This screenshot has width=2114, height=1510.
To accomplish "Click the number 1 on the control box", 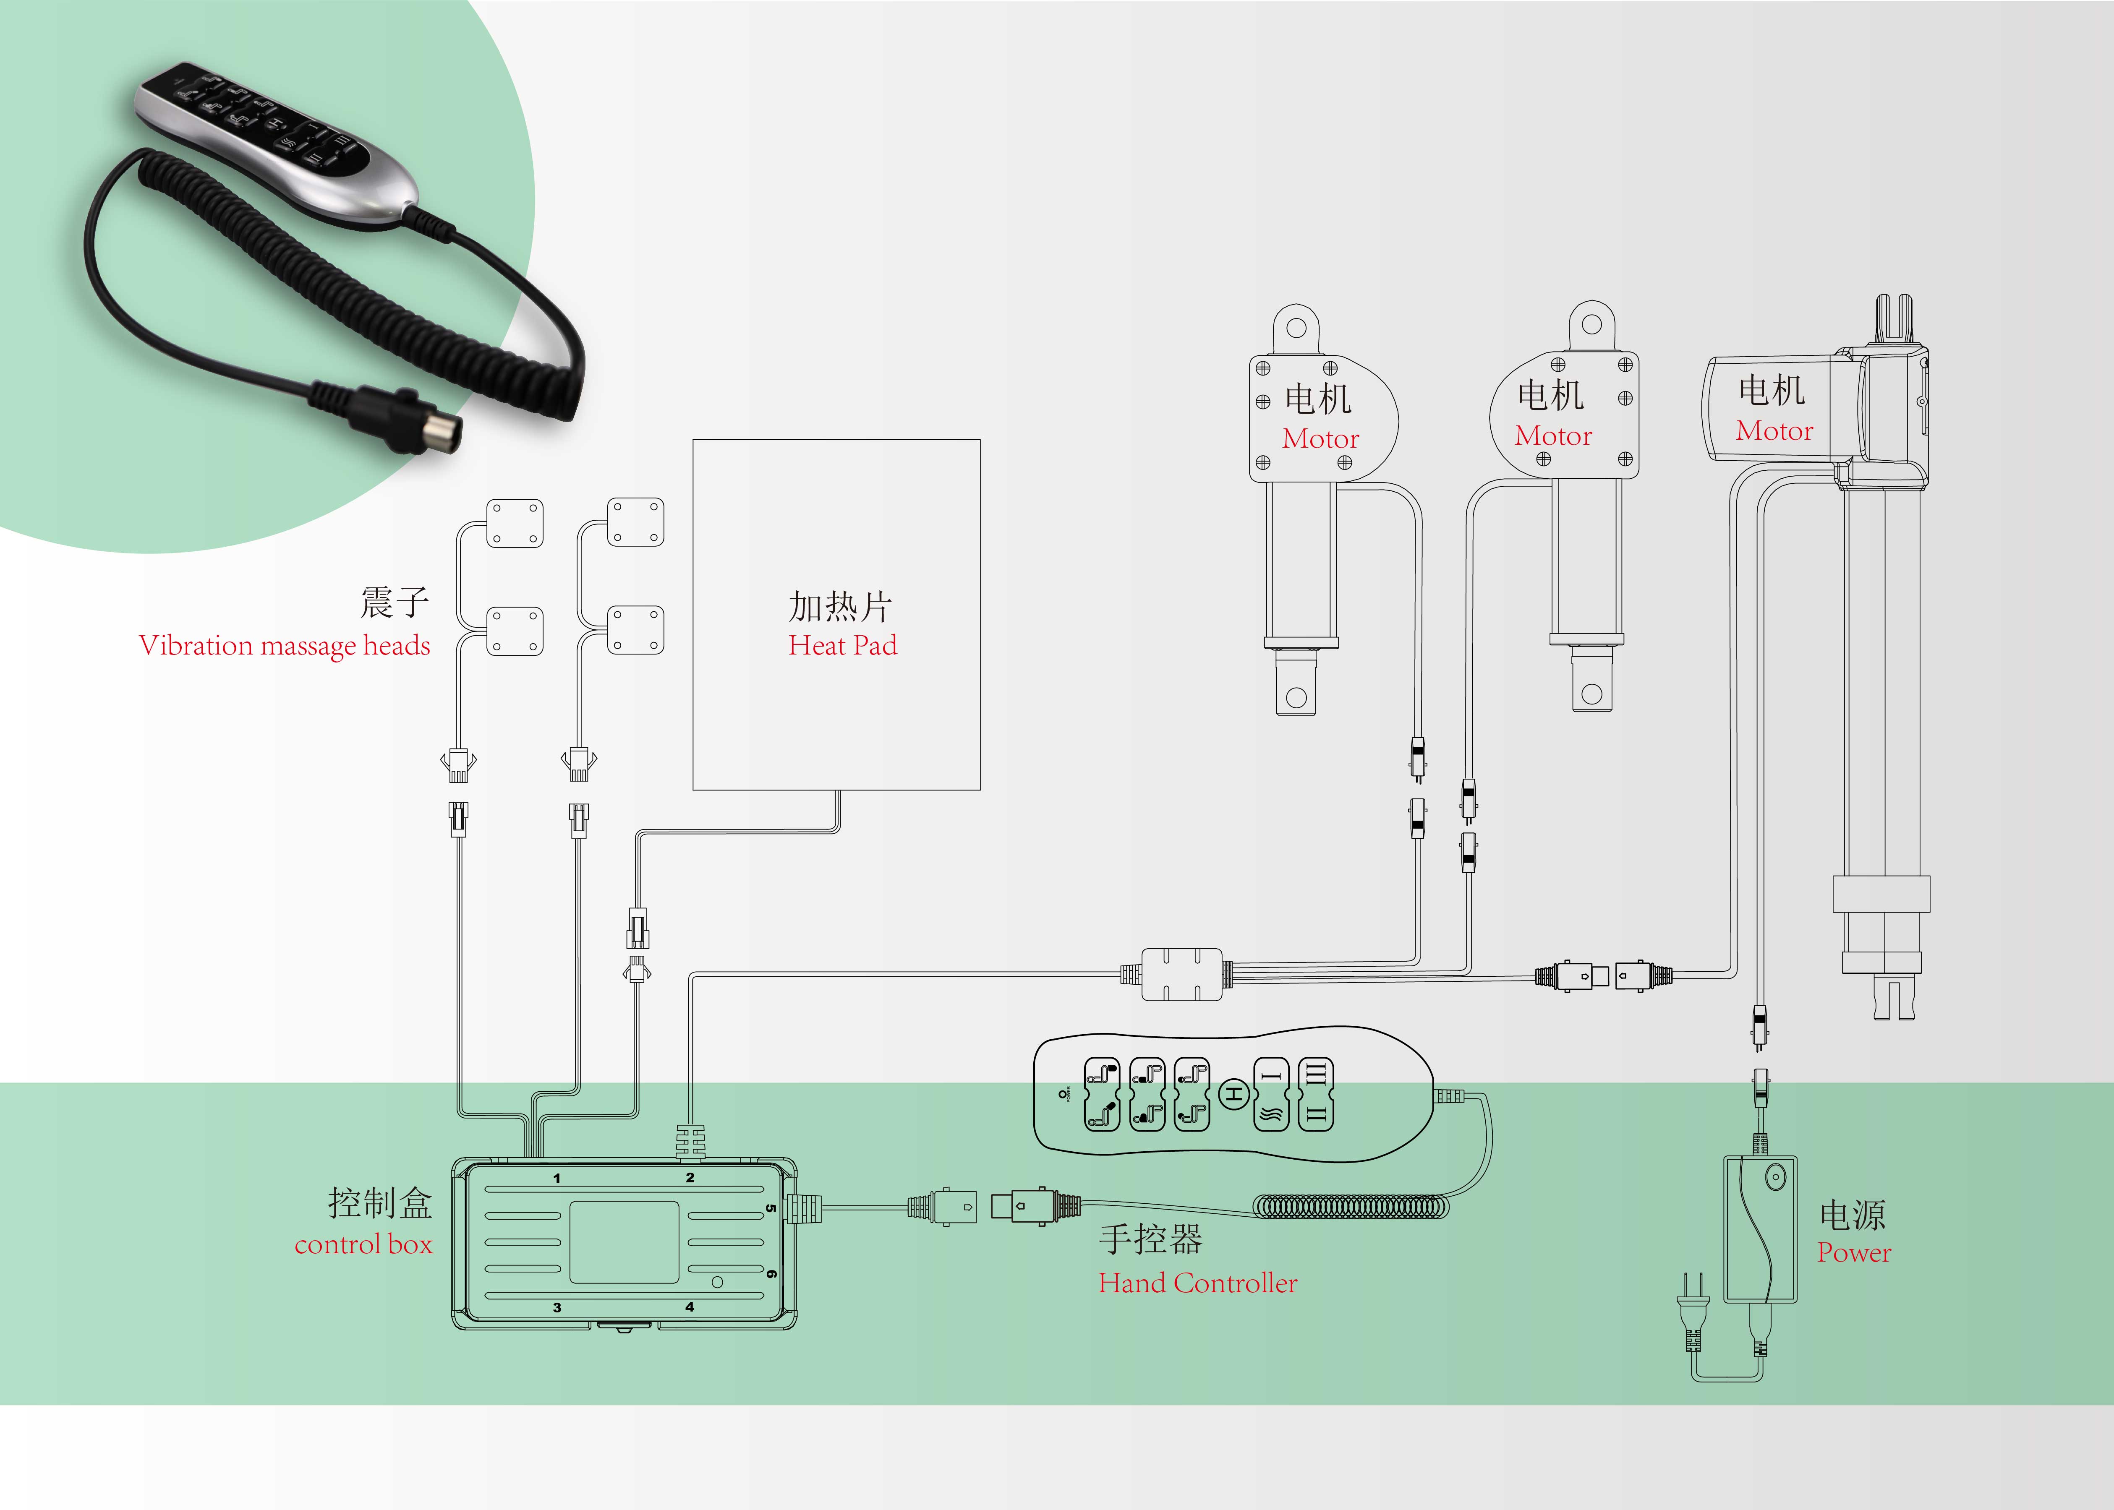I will coord(557,1178).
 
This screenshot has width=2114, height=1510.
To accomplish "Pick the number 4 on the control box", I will coord(689,1307).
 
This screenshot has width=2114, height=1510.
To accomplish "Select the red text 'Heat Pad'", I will coord(843,645).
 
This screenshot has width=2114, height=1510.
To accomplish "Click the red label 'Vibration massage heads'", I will coord(285,645).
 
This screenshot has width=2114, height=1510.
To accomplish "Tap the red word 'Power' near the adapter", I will coord(1854,1252).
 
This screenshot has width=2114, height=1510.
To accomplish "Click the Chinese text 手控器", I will coord(1150,1239).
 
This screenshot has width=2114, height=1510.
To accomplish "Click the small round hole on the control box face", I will coord(717,1282).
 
